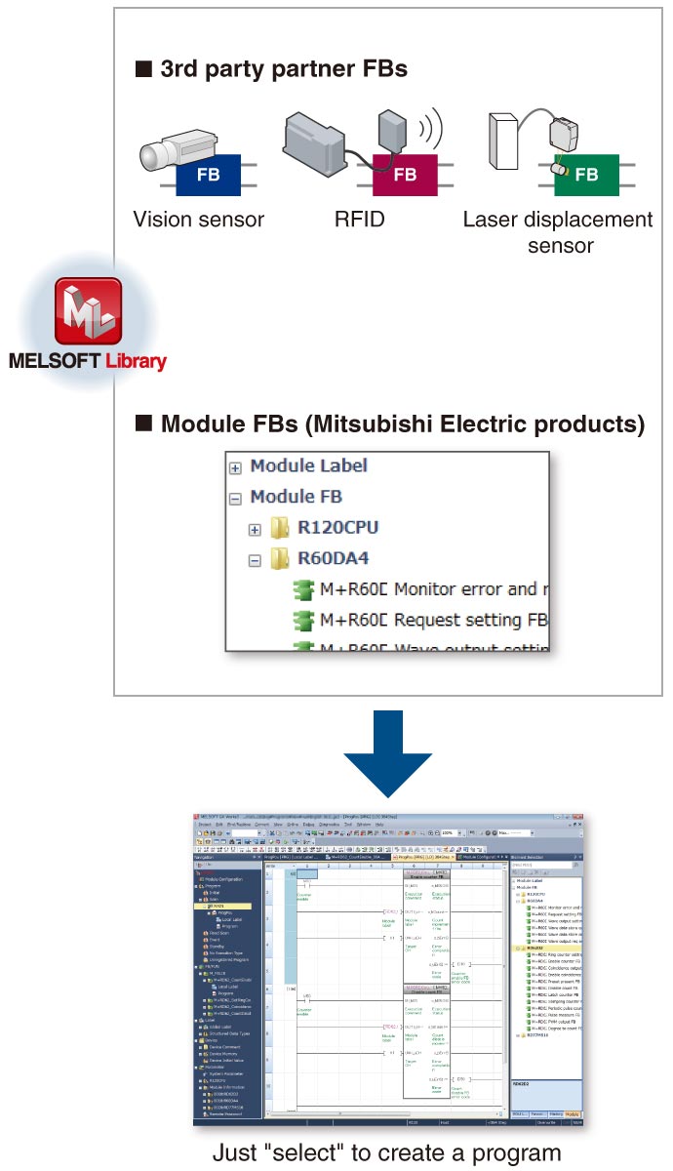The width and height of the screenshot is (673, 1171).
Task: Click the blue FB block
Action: [208, 175]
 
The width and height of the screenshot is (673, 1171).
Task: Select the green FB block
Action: [585, 175]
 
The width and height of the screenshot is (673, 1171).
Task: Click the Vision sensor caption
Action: [198, 220]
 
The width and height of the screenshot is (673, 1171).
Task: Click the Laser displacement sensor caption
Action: [559, 231]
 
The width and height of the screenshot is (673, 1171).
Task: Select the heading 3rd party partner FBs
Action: [283, 69]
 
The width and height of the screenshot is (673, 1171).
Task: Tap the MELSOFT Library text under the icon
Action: [88, 361]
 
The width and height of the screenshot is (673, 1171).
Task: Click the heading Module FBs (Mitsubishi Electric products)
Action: [402, 424]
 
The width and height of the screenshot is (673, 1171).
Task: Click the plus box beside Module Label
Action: [235, 467]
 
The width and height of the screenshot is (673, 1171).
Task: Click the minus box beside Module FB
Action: [235, 498]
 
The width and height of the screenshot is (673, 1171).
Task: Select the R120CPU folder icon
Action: [280, 529]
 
